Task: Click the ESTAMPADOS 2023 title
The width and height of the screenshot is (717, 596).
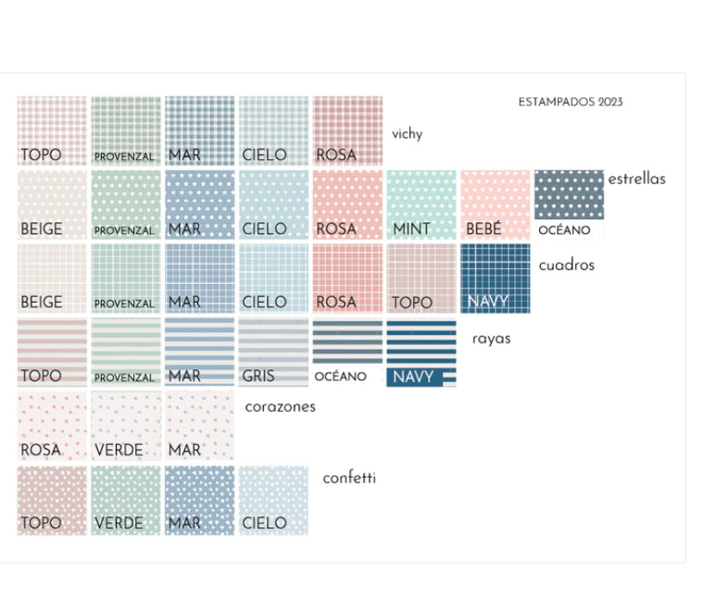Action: coord(570,102)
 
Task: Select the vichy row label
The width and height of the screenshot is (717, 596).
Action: coord(407,134)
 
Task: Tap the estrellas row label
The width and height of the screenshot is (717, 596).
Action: coord(636,179)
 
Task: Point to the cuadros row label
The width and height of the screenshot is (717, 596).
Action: coord(566,266)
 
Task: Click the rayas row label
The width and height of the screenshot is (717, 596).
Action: coord(491,339)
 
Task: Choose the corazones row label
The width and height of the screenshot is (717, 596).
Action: coord(280,406)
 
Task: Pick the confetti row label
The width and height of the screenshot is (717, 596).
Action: coord(348,478)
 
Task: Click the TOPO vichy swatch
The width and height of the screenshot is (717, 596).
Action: coord(52,130)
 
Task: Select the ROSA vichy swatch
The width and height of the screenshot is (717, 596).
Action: coord(347,130)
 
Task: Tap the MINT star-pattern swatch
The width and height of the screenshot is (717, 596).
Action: coord(421,205)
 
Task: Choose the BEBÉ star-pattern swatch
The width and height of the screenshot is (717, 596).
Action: coord(495,205)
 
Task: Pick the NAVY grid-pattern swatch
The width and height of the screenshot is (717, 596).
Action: coord(495,278)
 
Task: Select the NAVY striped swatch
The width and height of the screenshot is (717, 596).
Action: coord(421,353)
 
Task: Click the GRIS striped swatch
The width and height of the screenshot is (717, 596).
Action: coord(273,353)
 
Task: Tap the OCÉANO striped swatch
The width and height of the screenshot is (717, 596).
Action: coord(347,353)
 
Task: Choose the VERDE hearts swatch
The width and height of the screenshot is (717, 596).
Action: coord(126,426)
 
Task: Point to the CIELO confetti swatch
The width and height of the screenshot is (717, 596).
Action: coord(273,500)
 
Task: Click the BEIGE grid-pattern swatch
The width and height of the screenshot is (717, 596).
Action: coord(52,278)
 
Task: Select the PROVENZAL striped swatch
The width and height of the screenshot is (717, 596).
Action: coord(126,353)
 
